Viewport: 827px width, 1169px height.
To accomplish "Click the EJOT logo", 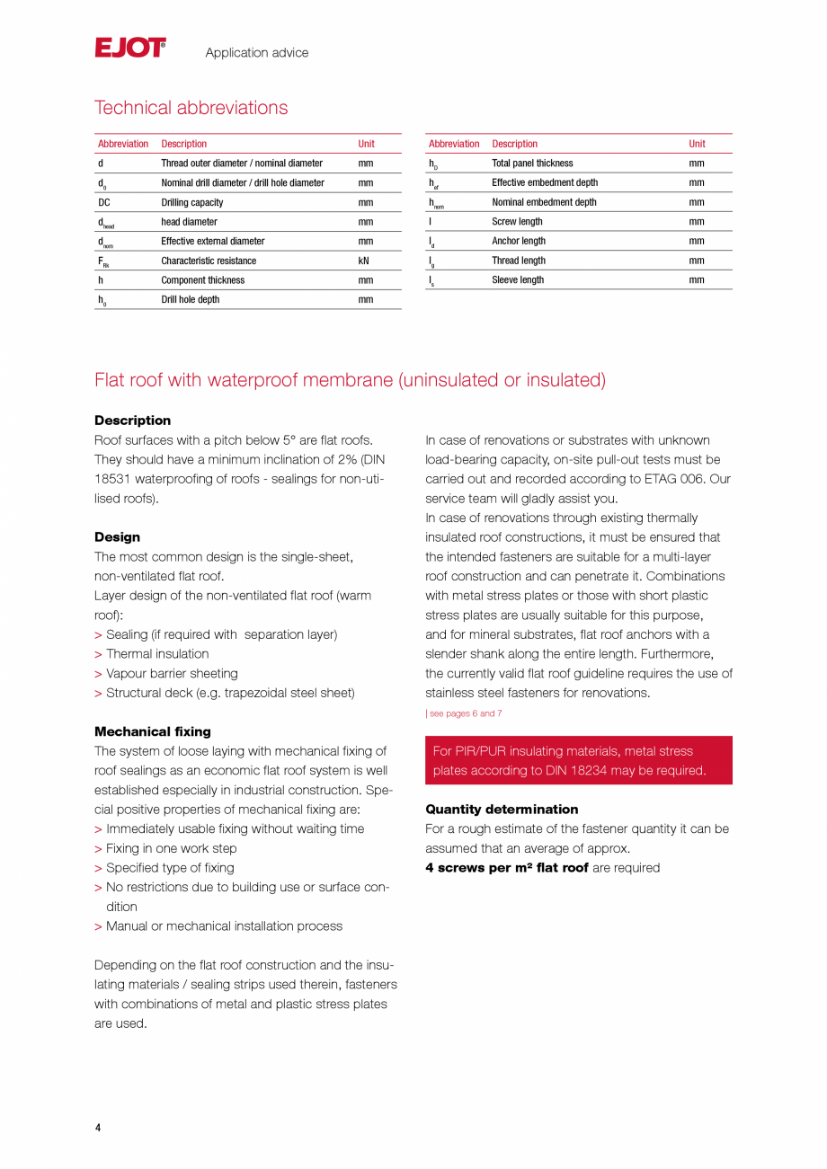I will coord(130,49).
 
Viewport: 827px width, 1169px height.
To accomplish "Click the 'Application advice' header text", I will coord(256,53).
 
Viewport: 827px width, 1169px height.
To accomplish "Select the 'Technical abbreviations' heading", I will coord(191,108).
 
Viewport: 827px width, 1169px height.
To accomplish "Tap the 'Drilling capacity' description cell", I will coord(191,202).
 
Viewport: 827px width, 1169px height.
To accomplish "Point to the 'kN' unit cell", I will coord(364,261).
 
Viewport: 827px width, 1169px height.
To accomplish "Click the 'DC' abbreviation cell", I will coord(104,202).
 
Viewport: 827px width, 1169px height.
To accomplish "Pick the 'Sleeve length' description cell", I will coord(517,280).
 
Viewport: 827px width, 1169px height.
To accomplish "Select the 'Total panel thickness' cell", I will coord(531,164).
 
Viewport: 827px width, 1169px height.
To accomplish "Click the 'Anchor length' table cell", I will coord(518,241).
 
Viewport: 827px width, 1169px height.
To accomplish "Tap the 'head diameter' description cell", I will coord(189,222).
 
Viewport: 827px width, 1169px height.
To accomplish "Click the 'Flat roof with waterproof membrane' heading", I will coord(350,380).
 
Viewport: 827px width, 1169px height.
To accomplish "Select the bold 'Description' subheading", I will coord(132,421).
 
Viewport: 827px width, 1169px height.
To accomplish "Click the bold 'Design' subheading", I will coord(117,537).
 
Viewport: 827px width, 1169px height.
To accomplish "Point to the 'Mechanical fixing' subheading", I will coord(152,731).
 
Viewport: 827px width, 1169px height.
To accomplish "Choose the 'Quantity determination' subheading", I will coord(502,809).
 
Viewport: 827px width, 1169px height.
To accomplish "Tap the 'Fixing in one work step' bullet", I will coord(171,848).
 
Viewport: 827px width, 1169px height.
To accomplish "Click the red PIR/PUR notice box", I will coord(578,760).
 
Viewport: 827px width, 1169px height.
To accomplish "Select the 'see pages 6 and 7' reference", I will coord(465,713).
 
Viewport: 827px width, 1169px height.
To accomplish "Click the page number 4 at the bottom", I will coord(98,1128).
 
